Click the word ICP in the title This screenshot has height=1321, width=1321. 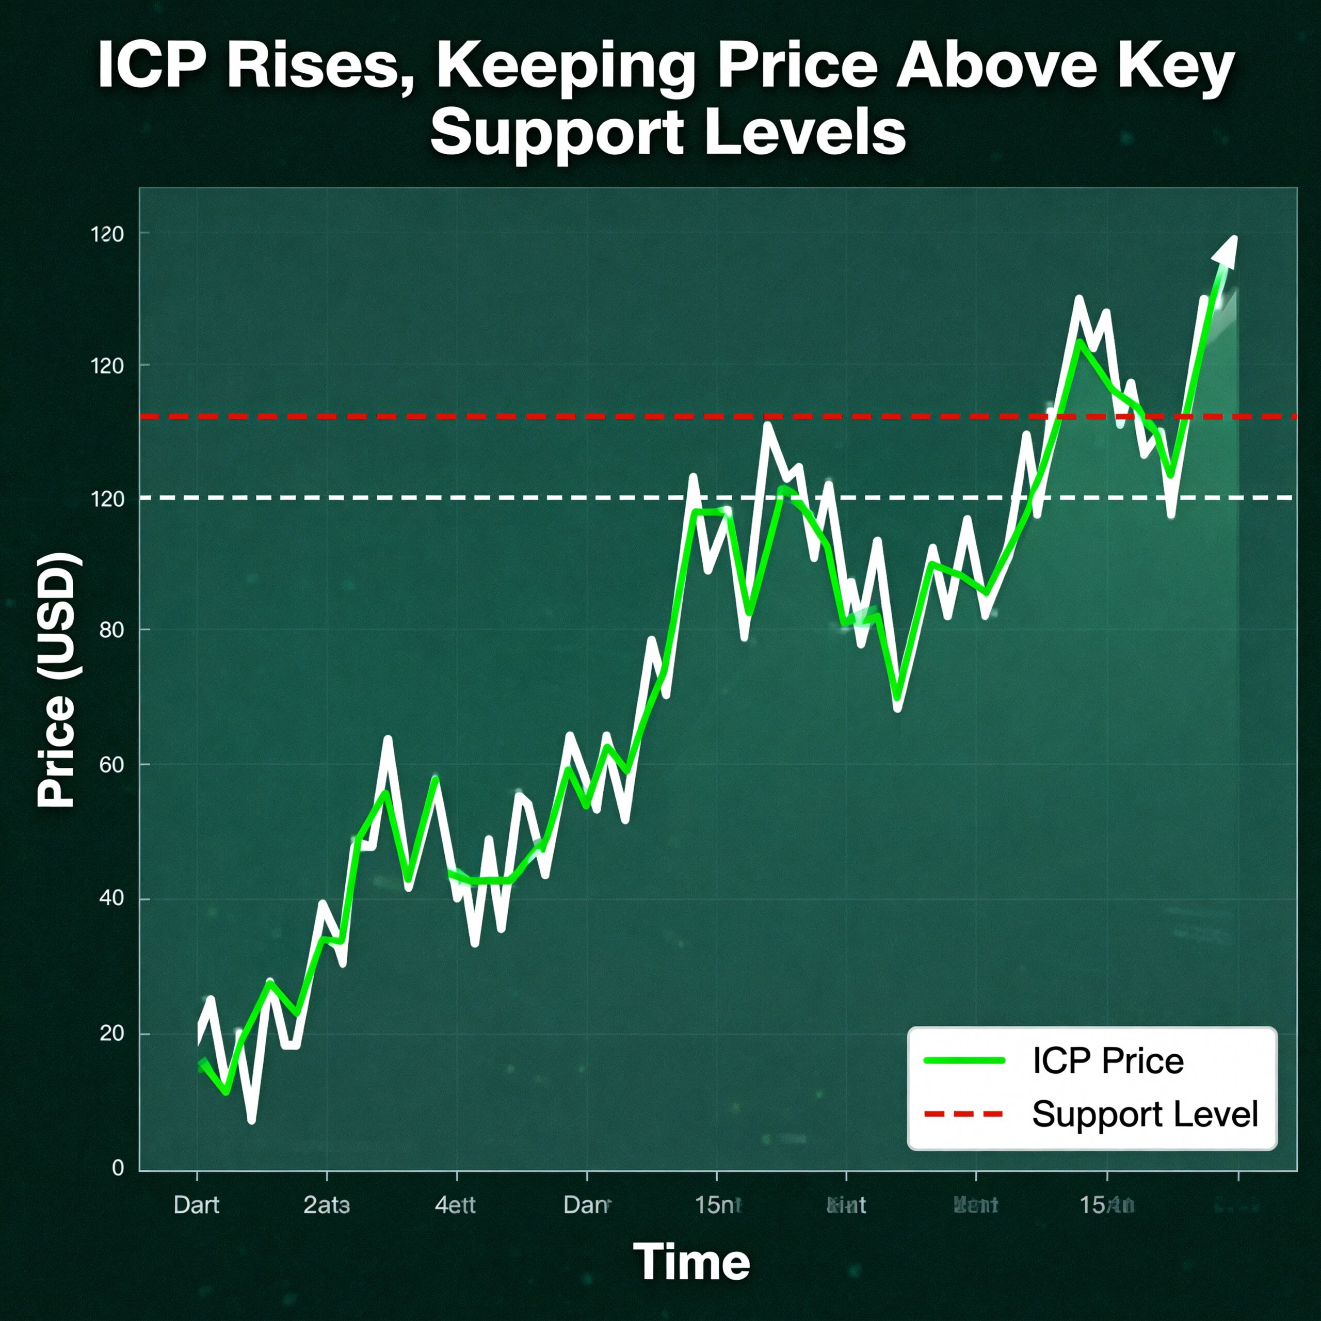[x=152, y=67]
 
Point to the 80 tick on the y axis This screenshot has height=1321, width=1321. [x=111, y=630]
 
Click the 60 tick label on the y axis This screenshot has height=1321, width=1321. [x=111, y=764]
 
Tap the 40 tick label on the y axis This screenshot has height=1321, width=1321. [x=111, y=898]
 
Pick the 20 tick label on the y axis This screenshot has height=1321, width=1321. [x=111, y=1033]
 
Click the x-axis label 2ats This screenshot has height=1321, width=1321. [x=326, y=1205]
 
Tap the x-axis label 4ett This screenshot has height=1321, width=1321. [x=455, y=1205]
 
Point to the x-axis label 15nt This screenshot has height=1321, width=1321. [x=717, y=1205]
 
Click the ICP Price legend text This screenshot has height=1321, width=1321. [x=1108, y=1061]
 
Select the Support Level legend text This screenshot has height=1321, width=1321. [x=1145, y=1115]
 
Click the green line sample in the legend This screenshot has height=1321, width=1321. [x=964, y=1061]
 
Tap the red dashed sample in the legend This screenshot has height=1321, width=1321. [x=964, y=1115]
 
